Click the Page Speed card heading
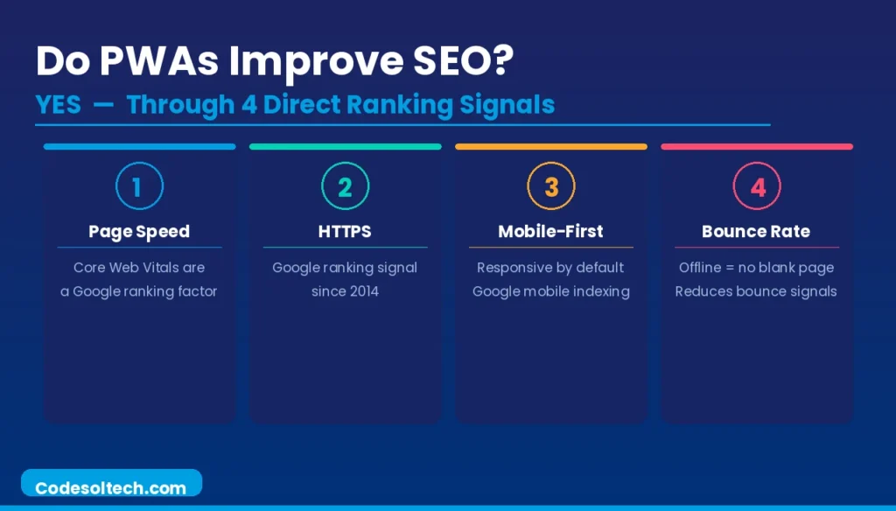pos(139,232)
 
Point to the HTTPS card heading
pos(345,232)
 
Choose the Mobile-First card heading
pos(550,232)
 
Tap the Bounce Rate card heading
pos(756,232)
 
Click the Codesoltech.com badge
pos(111,487)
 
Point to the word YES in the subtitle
pos(59,105)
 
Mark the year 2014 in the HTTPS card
pos(363,291)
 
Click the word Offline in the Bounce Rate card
pos(700,267)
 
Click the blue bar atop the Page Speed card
pos(139,146)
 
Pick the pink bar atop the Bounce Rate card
pos(756,146)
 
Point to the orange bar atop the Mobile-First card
pos(550,146)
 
